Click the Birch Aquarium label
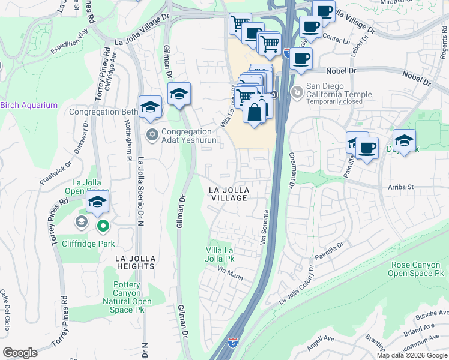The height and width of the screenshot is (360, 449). tap(29, 105)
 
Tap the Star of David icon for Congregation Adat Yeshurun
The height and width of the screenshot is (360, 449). tap(152, 135)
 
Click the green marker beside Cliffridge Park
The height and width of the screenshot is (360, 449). tap(103, 226)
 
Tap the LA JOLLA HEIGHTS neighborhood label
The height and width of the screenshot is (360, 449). tap(136, 262)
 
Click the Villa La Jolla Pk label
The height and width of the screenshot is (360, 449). tap(220, 254)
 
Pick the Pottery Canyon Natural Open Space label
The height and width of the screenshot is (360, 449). tap(131, 297)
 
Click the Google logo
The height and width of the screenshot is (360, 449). tap(20, 353)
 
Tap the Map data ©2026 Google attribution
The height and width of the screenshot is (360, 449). tap(412, 355)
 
